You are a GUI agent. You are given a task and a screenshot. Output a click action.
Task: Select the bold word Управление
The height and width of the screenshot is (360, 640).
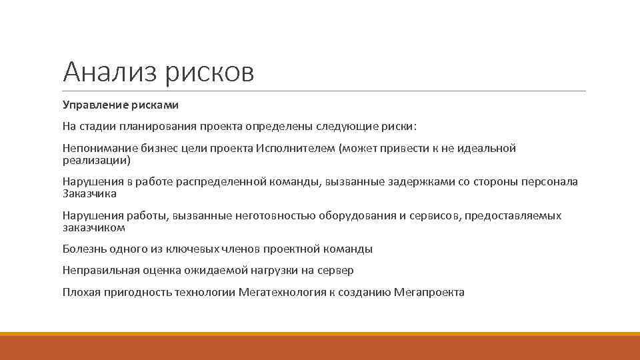point(92,105)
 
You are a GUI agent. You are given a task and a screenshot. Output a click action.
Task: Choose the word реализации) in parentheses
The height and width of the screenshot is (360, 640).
point(96,160)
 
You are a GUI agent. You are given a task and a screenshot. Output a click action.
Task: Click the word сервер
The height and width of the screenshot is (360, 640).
point(337,271)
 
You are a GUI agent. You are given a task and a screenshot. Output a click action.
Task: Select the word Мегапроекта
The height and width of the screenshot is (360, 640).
point(429,292)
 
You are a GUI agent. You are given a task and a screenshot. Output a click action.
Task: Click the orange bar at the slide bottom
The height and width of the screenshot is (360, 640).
point(320,346)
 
